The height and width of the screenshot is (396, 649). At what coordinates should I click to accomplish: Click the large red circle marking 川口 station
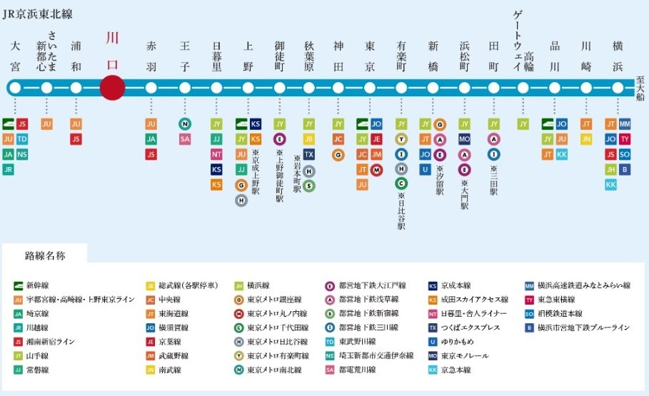pyautogui.click(x=113, y=88)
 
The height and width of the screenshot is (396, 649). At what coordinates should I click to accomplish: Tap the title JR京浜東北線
pyautogui.click(x=38, y=14)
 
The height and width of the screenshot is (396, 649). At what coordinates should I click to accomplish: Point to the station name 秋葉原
pyautogui.click(x=309, y=56)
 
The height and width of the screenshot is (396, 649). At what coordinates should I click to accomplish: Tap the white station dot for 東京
pyautogui.click(x=370, y=88)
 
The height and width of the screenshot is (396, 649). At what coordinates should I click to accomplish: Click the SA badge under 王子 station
pyautogui.click(x=185, y=139)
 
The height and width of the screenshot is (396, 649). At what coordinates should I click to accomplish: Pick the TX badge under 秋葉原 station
pyautogui.click(x=309, y=154)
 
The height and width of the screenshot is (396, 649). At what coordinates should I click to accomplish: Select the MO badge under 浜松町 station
pyautogui.click(x=464, y=139)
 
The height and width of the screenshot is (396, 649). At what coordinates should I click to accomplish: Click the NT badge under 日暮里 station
pyautogui.click(x=216, y=154)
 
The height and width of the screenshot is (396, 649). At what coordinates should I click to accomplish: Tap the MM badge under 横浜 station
pyautogui.click(x=625, y=123)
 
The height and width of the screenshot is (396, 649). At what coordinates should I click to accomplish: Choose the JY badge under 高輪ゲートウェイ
pyautogui.click(x=523, y=123)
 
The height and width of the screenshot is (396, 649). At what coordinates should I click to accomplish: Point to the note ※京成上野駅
pyautogui.click(x=256, y=171)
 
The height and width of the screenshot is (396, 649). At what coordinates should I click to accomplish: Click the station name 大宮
pyautogui.click(x=15, y=56)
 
